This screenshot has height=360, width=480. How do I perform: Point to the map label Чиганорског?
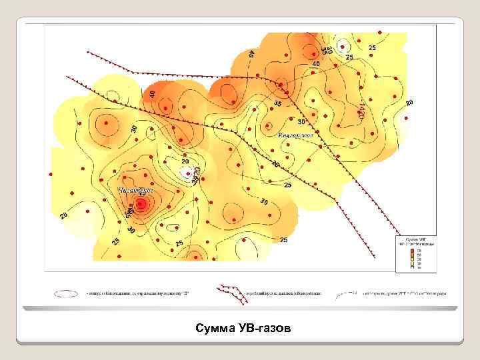tap(136, 190)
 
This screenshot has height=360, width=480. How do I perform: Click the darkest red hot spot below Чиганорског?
tap(141, 205)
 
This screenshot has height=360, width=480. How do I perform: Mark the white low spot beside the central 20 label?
tap(186, 172)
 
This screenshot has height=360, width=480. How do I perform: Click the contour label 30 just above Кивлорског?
tap(301, 122)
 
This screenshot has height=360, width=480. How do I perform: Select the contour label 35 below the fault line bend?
tap(277, 103)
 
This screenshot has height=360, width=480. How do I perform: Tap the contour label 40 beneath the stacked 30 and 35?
tap(316, 63)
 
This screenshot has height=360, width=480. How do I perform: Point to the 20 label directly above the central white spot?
tap(185, 161)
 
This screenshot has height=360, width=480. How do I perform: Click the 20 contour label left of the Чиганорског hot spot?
tap(64, 215)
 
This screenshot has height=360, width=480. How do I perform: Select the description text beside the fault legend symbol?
tap(283, 293)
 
